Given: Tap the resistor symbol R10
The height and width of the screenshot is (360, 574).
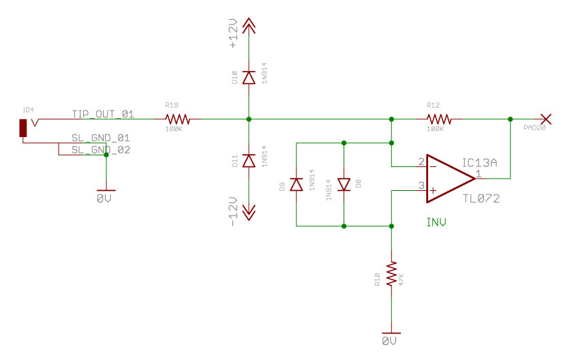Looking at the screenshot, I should pyautogui.click(x=391, y=274).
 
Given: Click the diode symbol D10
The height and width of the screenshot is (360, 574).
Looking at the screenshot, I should pyautogui.click(x=249, y=78).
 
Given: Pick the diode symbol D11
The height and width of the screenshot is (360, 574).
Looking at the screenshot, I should pyautogui.click(x=249, y=161).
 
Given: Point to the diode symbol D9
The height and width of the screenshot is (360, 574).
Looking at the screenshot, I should pyautogui.click(x=296, y=184).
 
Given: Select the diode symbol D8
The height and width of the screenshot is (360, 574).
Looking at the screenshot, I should pyautogui.click(x=344, y=184).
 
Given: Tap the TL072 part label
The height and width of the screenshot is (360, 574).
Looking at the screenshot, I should pyautogui.click(x=481, y=199).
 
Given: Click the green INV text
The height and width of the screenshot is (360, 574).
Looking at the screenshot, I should pyautogui.click(x=437, y=222).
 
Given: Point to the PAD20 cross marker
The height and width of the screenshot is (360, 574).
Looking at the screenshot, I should pyautogui.click(x=545, y=119).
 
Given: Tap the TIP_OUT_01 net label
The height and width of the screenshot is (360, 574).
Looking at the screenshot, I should pyautogui.click(x=102, y=114).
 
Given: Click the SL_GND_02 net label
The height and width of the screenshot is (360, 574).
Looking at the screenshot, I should pyautogui.click(x=101, y=149).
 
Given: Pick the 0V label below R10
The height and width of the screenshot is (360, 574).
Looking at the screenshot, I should pyautogui.click(x=390, y=340).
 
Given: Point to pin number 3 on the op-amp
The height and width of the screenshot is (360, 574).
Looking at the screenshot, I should pyautogui.click(x=421, y=185).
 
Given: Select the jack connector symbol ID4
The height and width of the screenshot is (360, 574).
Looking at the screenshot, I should pyautogui.click(x=23, y=127).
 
